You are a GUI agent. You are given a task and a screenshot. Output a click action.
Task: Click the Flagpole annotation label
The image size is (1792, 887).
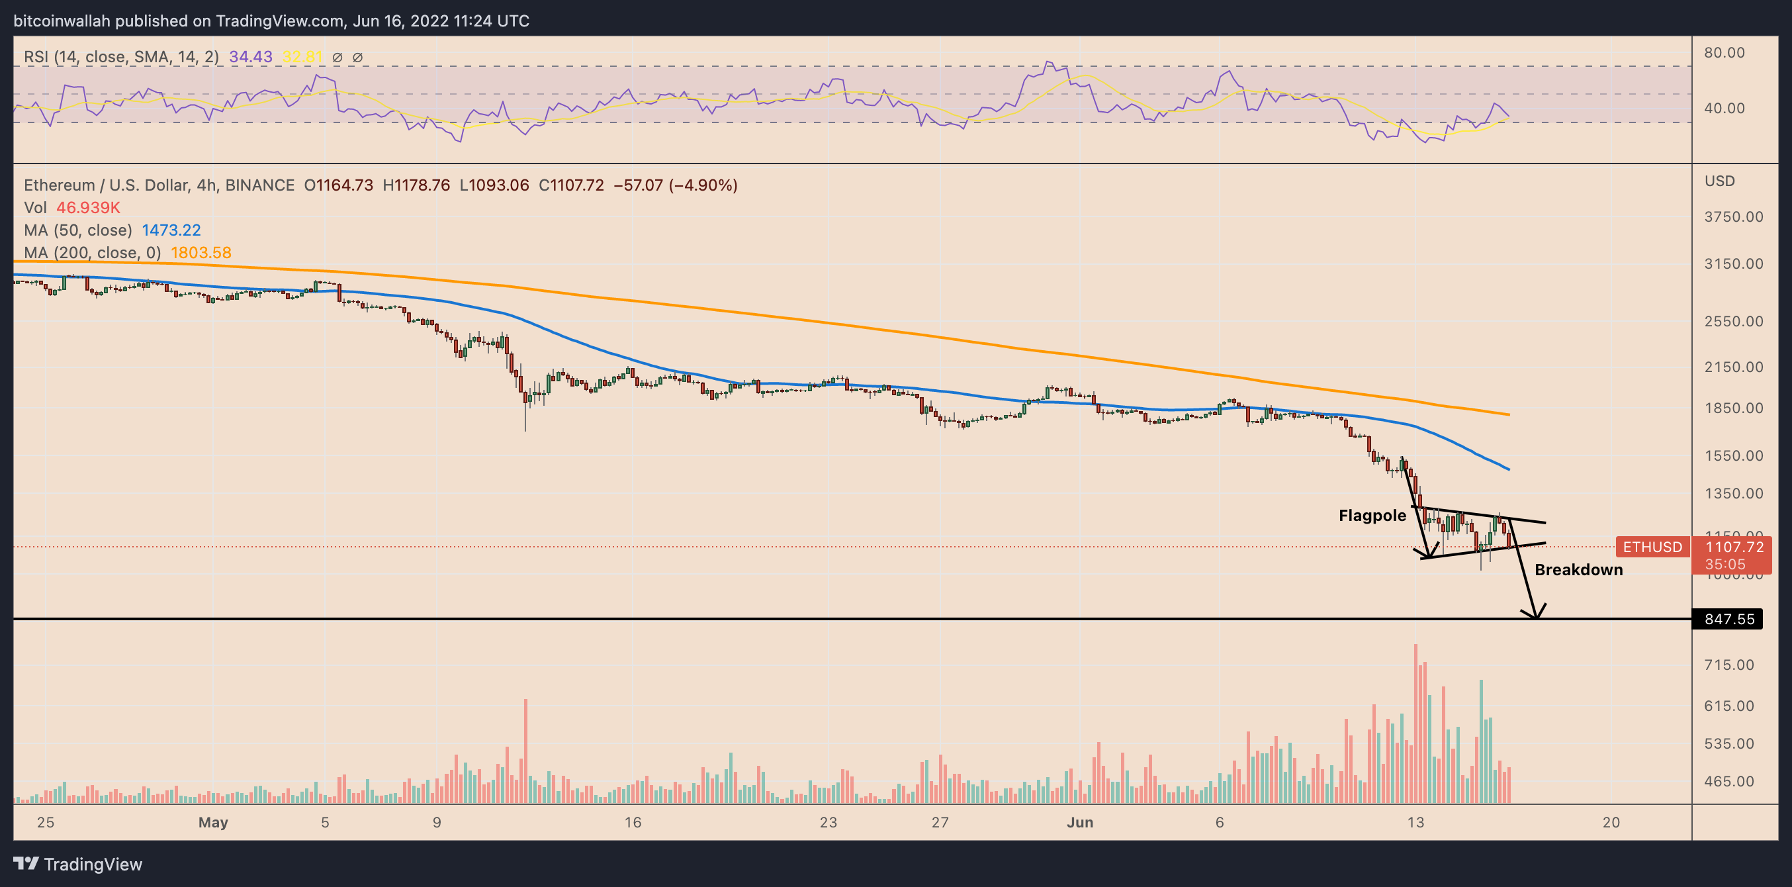coord(1372,516)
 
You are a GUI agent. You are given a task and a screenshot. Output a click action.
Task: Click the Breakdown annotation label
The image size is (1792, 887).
coord(1578,570)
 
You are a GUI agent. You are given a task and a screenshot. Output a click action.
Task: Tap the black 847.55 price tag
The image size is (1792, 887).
coord(1728,619)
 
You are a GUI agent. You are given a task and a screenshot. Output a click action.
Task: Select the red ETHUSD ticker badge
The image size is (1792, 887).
coord(1652,547)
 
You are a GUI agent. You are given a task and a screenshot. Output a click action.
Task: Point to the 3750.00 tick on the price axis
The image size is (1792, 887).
coord(1733,217)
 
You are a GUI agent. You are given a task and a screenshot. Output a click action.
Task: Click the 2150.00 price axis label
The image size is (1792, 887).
coord(1733,367)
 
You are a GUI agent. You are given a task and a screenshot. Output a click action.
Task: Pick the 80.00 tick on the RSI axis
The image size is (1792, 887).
coord(1724,53)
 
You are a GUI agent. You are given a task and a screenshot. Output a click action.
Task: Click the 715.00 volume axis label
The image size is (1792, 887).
coord(1728,665)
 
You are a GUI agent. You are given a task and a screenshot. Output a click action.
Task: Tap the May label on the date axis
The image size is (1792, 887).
coord(213,822)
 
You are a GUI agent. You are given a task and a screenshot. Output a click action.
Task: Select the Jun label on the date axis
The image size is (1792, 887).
coord(1080,822)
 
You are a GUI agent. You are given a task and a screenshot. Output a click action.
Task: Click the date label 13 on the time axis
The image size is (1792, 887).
coord(1415,822)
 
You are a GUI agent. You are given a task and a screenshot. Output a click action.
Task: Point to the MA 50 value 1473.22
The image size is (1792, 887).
coord(171,230)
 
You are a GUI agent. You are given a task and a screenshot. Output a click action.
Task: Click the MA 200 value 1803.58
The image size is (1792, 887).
coord(201,253)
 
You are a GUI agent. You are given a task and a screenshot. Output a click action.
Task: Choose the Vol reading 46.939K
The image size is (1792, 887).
coord(89,208)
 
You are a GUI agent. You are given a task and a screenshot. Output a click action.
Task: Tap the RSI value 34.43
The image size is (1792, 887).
coord(250,57)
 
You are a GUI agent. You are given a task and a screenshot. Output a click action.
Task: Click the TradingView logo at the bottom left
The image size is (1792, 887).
coord(78,864)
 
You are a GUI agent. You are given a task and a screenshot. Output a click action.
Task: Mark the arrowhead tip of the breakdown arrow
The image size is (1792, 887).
coord(1536,617)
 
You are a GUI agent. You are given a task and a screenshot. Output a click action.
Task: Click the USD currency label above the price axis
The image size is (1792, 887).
coord(1719,181)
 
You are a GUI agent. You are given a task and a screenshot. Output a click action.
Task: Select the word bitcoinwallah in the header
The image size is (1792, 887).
coord(62,21)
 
